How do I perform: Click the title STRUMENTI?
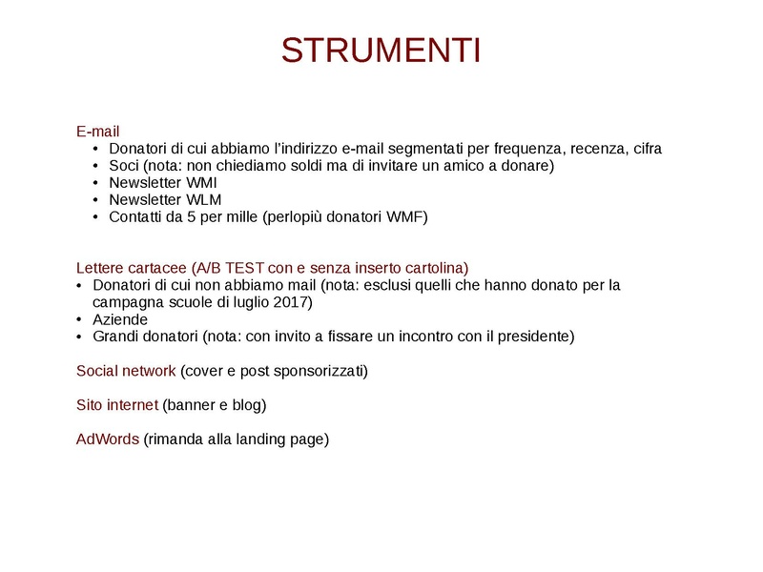[381, 51]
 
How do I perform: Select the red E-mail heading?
[97, 132]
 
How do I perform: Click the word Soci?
[125, 166]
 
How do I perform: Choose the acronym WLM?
[203, 200]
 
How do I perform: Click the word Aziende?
[120, 319]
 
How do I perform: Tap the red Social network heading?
[126, 371]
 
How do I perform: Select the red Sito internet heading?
[117, 405]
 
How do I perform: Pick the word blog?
[246, 405]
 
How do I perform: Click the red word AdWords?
[108, 439]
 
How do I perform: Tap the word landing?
[264, 439]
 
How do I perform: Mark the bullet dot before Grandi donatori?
[80, 337]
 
